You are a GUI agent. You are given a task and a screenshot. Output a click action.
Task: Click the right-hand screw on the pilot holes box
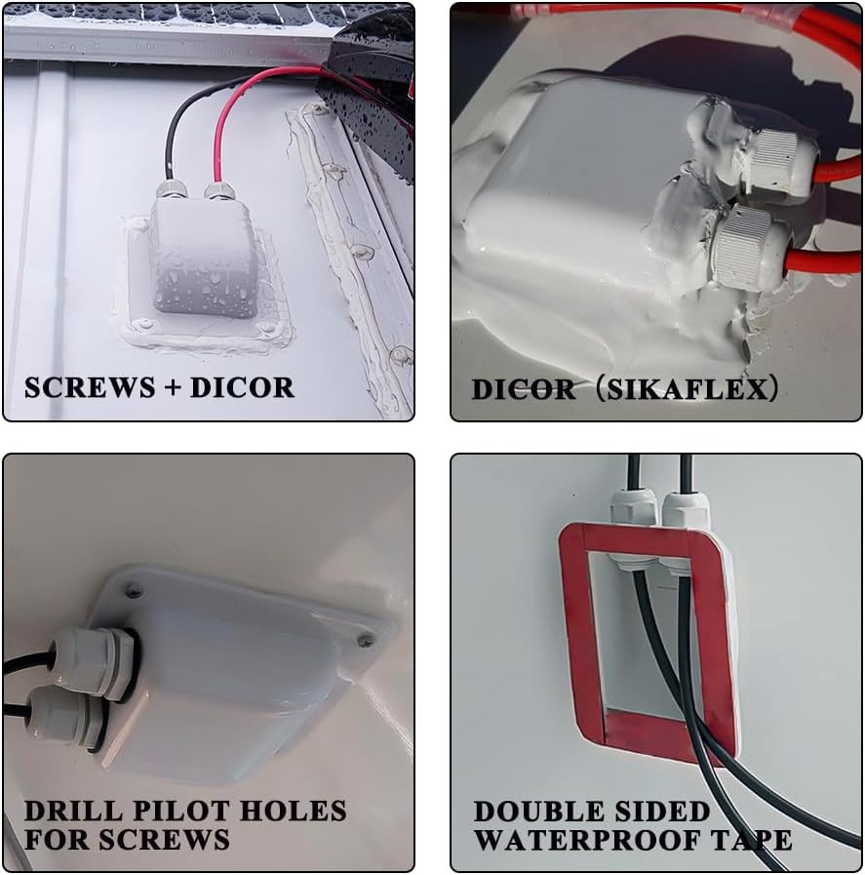(x=366, y=640)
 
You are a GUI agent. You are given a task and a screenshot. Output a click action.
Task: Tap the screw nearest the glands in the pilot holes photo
(x=134, y=590)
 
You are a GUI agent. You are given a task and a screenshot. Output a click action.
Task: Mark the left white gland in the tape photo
(x=633, y=516)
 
